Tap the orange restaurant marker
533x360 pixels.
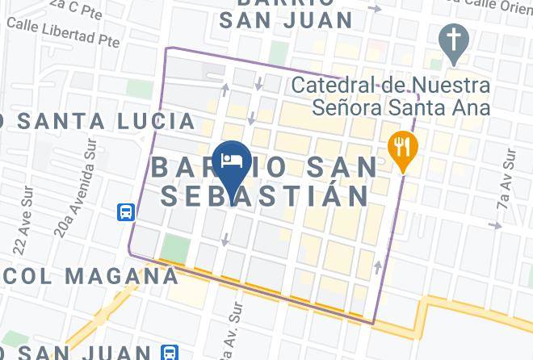pos(402,148)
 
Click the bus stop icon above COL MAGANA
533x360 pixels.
pos(126,212)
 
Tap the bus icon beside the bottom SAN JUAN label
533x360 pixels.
pos(169,352)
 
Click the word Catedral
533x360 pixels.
pos(327,84)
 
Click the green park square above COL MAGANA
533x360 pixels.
pos(174,248)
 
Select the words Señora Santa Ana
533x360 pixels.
pos(392,107)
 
